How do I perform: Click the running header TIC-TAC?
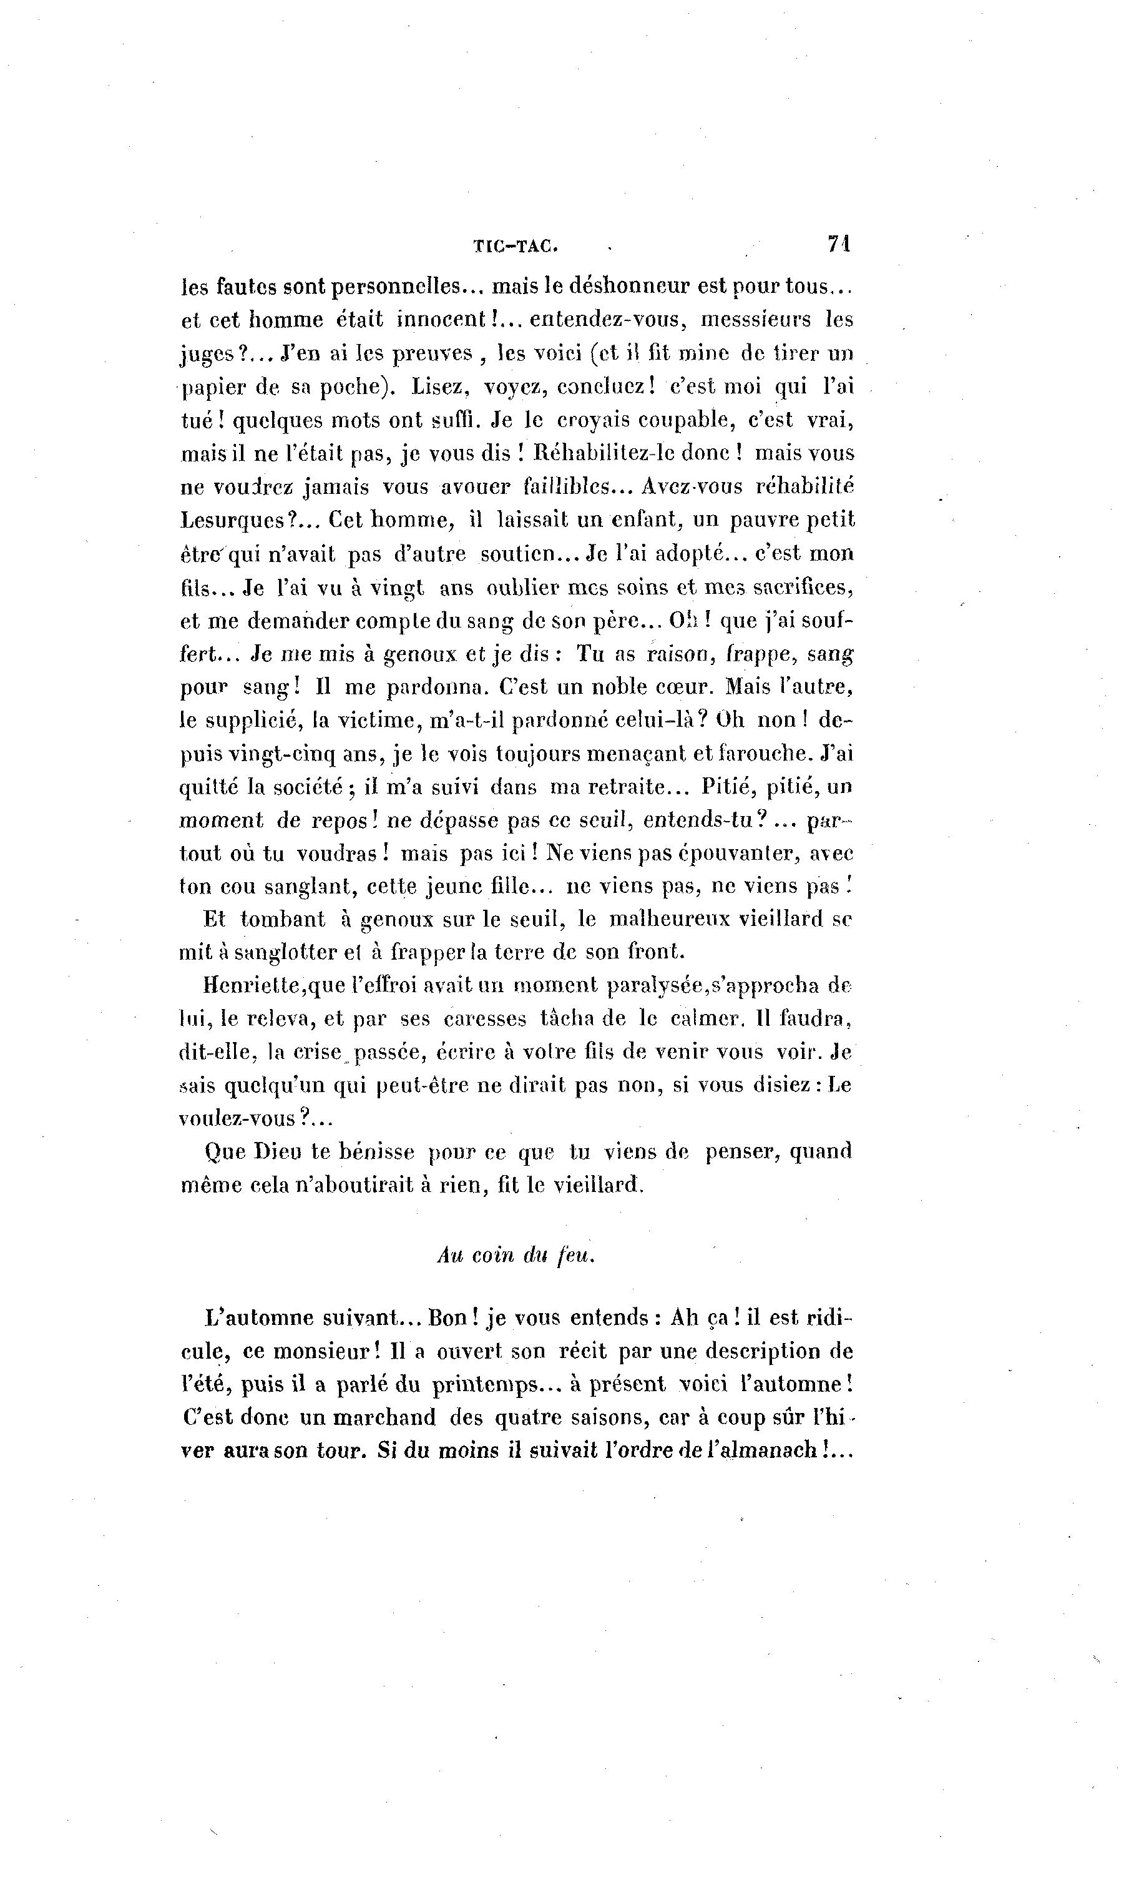tap(514, 246)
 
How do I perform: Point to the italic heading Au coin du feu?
tap(516, 1255)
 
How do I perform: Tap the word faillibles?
tap(566, 487)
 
